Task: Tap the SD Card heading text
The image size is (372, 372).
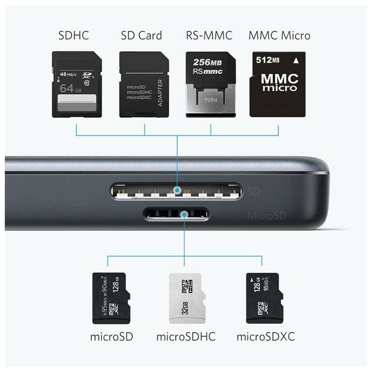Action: (141, 36)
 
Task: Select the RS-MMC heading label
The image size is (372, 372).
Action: (209, 36)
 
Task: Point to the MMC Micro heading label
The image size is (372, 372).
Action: (279, 36)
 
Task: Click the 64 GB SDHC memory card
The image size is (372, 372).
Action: (77, 85)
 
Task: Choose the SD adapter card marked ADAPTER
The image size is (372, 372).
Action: (143, 85)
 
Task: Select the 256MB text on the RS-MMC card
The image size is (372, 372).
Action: (208, 62)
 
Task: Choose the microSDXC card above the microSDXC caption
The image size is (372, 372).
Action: (262, 298)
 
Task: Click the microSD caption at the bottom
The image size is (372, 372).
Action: (112, 336)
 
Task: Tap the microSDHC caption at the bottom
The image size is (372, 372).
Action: (186, 336)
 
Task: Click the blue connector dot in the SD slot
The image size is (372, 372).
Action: (178, 192)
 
